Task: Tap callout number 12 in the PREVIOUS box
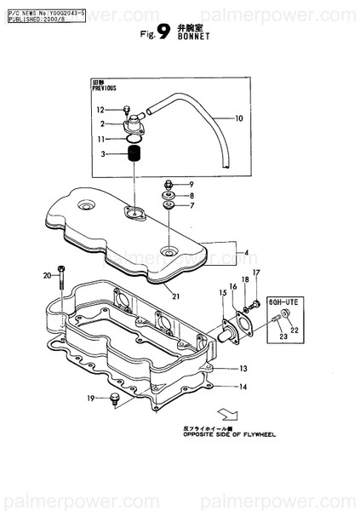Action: click(100, 110)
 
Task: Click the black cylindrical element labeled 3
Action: click(134, 155)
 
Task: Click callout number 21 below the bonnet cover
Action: click(174, 296)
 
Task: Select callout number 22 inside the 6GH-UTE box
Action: click(294, 330)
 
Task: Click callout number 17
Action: click(254, 273)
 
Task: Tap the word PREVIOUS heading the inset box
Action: click(104, 88)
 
